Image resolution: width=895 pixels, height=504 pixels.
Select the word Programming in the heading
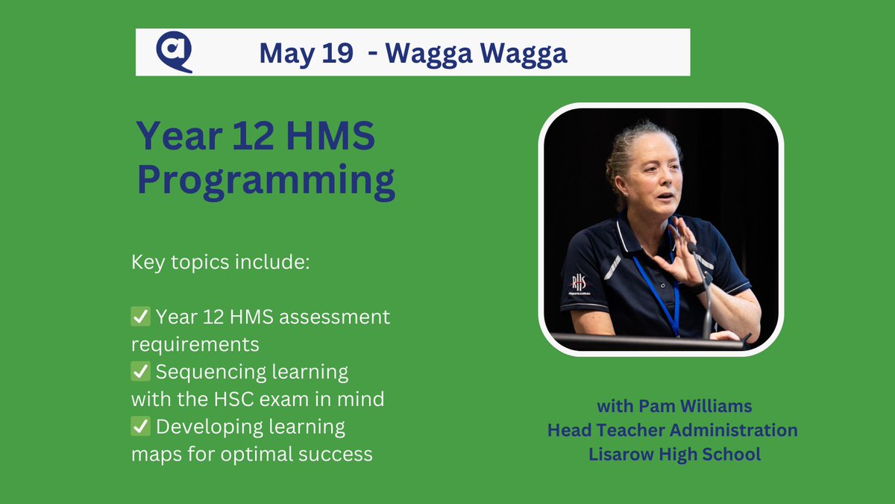266,181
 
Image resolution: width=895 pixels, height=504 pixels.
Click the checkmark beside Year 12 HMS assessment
141,317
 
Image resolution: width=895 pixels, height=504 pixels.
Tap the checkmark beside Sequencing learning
141,371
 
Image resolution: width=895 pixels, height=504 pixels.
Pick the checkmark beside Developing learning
141,426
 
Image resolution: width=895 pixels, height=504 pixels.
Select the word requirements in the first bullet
195,344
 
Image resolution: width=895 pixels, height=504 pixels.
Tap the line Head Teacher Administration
672,430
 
